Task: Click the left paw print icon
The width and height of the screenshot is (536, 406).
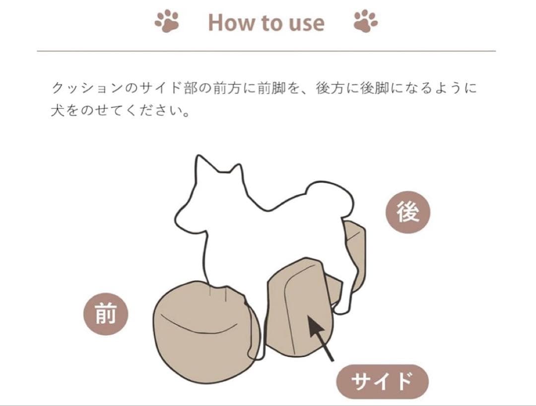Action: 166,22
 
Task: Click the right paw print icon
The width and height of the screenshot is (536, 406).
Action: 366,22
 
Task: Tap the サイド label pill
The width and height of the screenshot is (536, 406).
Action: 382,382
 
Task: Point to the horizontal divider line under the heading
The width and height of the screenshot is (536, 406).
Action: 267,51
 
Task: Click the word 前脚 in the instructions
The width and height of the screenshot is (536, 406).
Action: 271,88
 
